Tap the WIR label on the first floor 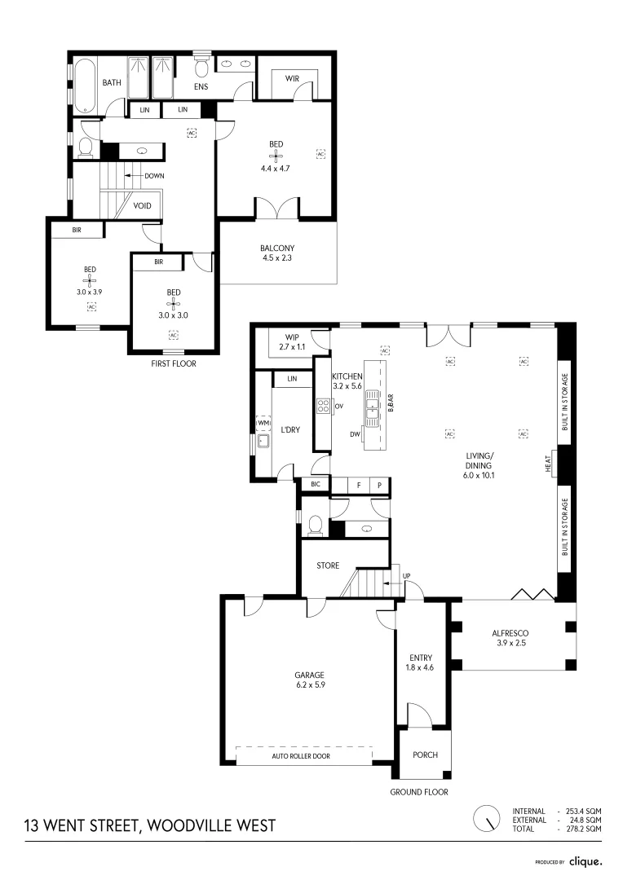[x=293, y=79]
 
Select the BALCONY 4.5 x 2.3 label [x=277, y=253]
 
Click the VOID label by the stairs [x=143, y=206]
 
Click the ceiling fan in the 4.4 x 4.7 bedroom [x=276, y=155]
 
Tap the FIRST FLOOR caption [x=173, y=363]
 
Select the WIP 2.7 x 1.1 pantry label [x=291, y=341]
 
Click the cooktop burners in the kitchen [x=322, y=406]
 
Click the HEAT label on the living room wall [x=550, y=464]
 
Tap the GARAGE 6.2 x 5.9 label [x=310, y=680]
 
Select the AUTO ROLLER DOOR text [x=304, y=757]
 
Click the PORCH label [x=425, y=755]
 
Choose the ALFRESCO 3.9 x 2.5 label [x=511, y=638]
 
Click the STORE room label [x=328, y=565]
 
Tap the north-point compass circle [x=488, y=817]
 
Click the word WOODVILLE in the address [x=183, y=826]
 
